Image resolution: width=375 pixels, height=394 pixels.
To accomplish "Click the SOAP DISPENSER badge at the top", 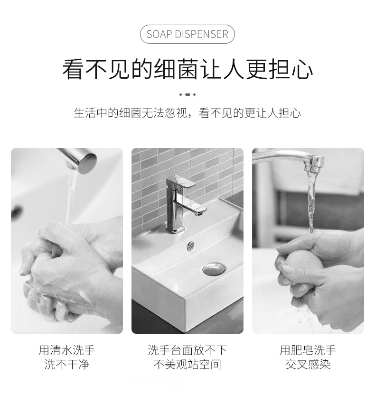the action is [187, 34].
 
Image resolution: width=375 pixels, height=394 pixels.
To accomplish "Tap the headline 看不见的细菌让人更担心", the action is [187, 69].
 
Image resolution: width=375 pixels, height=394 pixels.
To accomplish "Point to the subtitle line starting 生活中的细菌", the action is [187, 113].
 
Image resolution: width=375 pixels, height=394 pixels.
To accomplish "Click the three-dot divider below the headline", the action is [187, 94].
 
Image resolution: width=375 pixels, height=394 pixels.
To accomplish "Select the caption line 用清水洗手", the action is [66, 350].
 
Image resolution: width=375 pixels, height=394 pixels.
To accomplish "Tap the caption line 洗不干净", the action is [66, 364].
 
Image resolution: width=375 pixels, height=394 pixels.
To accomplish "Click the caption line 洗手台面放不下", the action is [187, 350].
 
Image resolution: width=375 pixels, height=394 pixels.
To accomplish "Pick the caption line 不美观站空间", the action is [187, 364].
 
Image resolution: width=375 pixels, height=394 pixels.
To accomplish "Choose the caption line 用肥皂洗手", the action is [308, 350].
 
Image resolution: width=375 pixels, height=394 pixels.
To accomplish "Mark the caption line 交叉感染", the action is [308, 364].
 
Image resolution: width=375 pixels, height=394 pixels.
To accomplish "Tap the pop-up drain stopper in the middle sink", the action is [214, 269].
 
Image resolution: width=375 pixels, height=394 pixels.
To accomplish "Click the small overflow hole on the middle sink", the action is [191, 246].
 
